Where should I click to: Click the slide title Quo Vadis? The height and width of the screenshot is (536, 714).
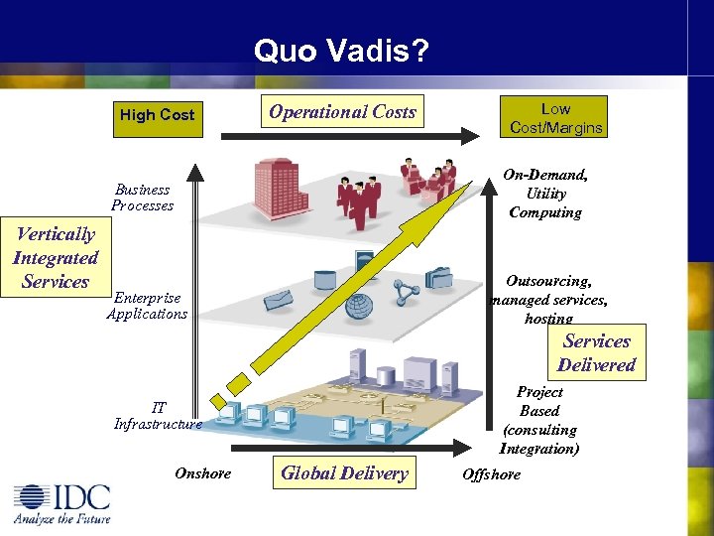pyautogui.click(x=341, y=50)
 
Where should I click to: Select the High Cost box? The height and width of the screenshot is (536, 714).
pyautogui.click(x=157, y=115)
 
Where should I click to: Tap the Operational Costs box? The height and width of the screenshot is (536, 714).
pyautogui.click(x=343, y=112)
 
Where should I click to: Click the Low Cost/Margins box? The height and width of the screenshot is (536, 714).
pyautogui.click(x=555, y=118)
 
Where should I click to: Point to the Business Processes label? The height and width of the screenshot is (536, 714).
pyautogui.click(x=142, y=198)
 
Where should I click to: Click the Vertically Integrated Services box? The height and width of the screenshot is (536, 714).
pyautogui.click(x=56, y=258)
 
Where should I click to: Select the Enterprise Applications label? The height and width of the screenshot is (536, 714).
pyautogui.click(x=147, y=306)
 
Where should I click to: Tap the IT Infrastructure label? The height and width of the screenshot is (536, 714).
pyautogui.click(x=158, y=415)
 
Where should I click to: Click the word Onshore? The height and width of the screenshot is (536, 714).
pyautogui.click(x=202, y=473)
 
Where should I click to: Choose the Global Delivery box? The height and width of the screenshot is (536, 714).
pyautogui.click(x=344, y=473)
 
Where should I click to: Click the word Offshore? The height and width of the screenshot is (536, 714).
pyautogui.click(x=491, y=474)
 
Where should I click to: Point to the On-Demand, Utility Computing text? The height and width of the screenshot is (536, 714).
pyautogui.click(x=544, y=194)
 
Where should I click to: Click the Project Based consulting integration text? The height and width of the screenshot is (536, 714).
pyautogui.click(x=539, y=420)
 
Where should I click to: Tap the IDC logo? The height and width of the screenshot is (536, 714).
pyautogui.click(x=61, y=502)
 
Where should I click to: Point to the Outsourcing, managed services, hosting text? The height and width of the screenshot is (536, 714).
pyautogui.click(x=548, y=300)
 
